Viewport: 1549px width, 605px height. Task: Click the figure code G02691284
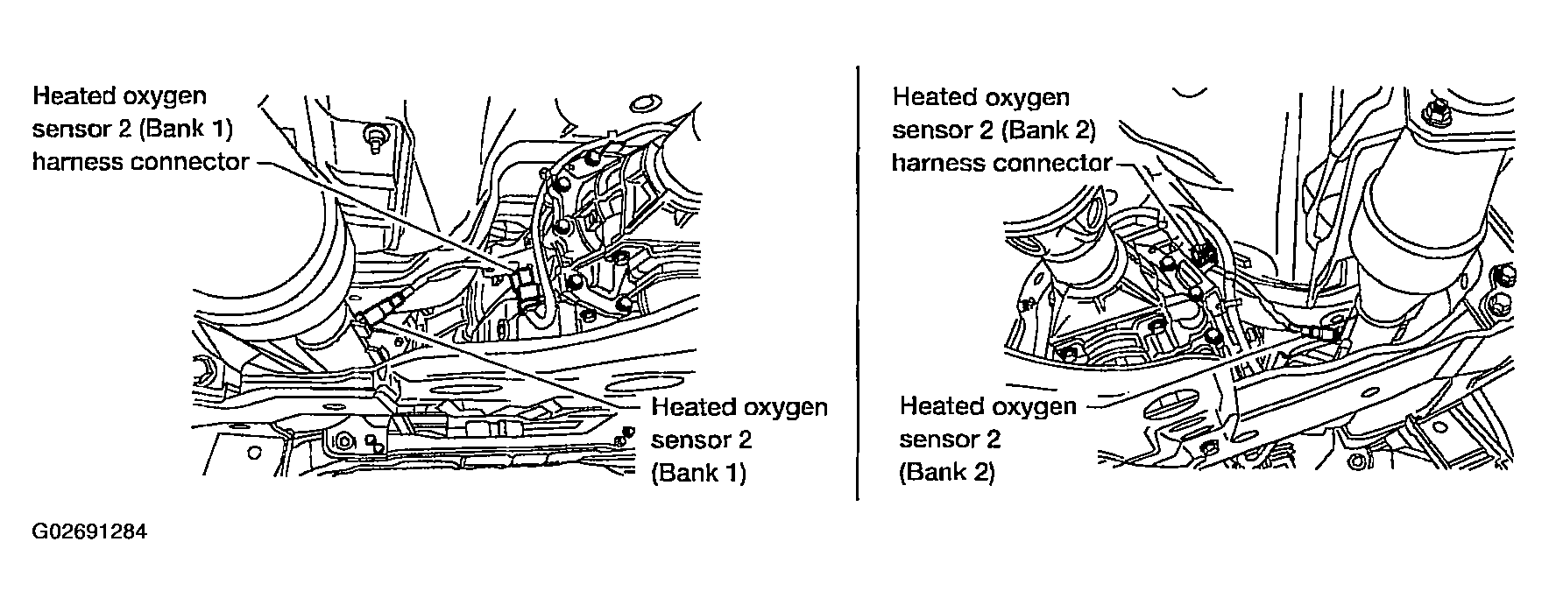pos(88,532)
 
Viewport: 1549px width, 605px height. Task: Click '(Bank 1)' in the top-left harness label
pos(184,129)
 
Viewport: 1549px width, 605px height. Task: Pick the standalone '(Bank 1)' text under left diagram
pos(698,473)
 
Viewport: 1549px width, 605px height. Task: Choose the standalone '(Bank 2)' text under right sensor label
pos(946,472)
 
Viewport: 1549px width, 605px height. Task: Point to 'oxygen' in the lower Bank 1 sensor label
pos(784,408)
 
